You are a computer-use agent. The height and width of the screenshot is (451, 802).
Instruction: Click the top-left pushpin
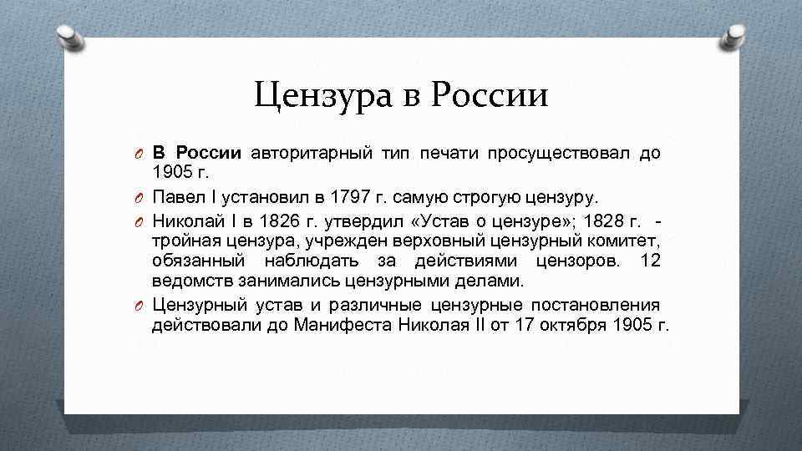70,35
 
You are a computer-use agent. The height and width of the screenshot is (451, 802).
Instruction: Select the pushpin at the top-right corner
733,35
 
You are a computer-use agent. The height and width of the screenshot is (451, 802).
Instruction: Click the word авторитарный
299,154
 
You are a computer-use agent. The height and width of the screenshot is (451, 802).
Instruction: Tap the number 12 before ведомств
649,261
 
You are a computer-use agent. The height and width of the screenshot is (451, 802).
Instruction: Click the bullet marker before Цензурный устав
142,306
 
